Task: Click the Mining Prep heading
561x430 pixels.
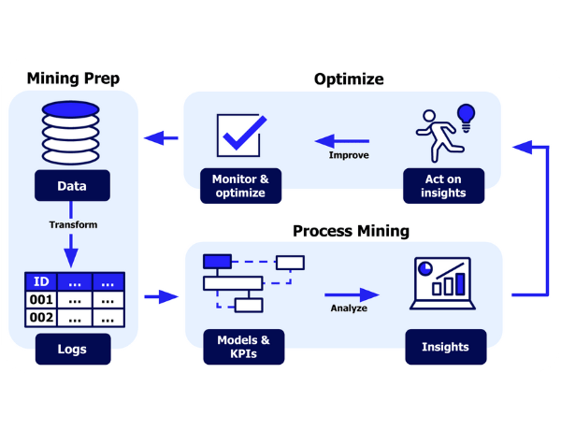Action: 73,79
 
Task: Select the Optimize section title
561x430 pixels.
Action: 348,79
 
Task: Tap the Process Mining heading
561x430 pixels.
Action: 351,231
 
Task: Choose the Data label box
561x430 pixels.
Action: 72,186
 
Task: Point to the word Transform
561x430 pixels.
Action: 73,224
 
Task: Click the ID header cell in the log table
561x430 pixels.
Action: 40,281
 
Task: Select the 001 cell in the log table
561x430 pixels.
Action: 40,300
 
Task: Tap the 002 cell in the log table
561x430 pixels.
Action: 40,318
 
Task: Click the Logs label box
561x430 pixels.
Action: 72,350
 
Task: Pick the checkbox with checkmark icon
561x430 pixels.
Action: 238,136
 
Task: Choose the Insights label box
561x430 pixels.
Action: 445,347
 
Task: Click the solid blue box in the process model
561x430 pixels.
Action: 217,261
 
